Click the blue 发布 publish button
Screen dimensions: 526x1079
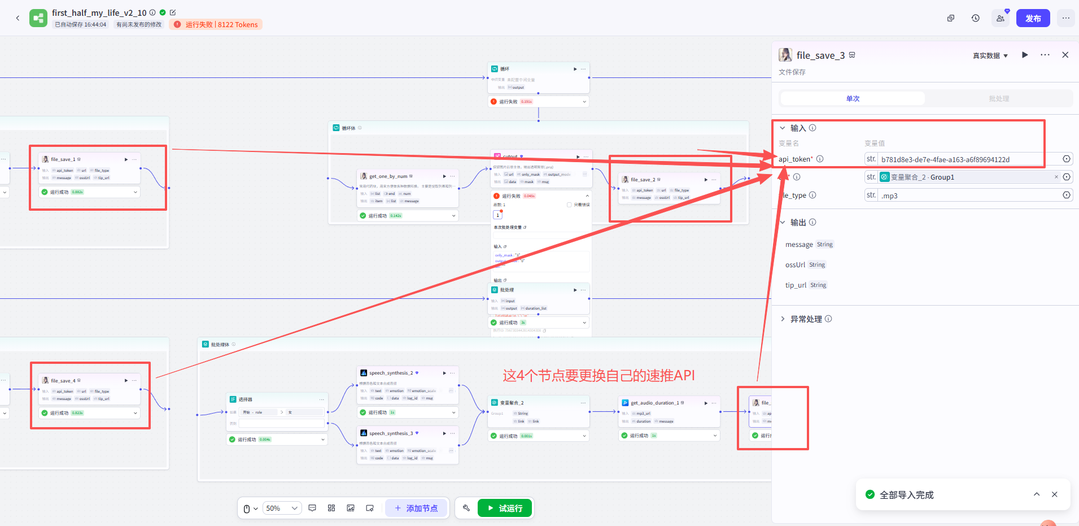point(1033,18)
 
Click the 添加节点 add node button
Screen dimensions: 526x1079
point(416,508)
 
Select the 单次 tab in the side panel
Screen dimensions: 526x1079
point(853,98)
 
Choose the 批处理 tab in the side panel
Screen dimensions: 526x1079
point(998,98)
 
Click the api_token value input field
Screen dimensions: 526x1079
point(968,159)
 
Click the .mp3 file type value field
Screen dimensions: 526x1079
point(968,195)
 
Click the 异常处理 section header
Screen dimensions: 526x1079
point(806,319)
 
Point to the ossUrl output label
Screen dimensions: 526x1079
point(795,265)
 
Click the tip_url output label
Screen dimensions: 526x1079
point(796,285)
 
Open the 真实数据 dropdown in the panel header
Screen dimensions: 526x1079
point(990,55)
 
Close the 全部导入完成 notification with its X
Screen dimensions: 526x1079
point(1054,494)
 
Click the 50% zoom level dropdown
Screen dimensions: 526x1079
point(281,508)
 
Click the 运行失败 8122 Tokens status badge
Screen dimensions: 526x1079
point(216,24)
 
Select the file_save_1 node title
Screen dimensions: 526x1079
point(63,159)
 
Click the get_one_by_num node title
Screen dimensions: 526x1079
point(388,176)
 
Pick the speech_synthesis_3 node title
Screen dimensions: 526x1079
point(391,433)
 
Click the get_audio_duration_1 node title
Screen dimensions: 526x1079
point(654,403)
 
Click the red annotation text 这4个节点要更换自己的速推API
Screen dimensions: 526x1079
point(599,376)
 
